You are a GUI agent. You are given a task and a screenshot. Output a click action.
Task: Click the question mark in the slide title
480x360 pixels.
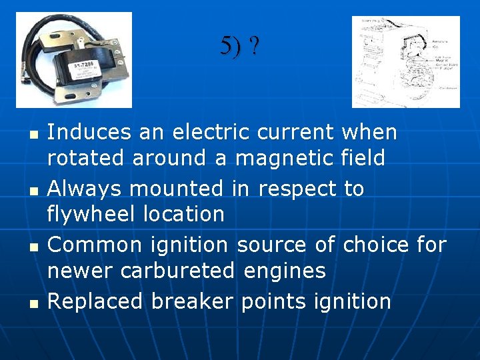(255, 47)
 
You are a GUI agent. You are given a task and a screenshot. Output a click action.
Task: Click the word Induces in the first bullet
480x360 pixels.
(89, 133)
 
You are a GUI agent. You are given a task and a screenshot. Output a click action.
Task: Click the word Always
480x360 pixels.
(85, 189)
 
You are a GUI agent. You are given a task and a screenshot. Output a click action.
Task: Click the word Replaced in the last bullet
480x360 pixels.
(95, 301)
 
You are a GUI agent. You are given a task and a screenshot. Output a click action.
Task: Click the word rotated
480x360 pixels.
(86, 159)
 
